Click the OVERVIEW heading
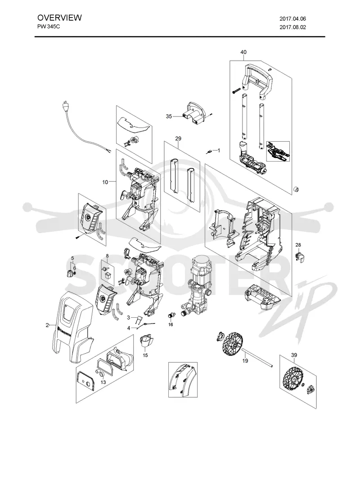coord(59,18)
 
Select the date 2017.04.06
coord(293,19)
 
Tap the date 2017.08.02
coord(293,27)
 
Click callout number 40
coord(243,52)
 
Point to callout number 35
coord(169,117)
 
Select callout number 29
coord(178,139)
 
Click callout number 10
coord(105,182)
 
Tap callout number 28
coord(298,245)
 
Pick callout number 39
coord(294,355)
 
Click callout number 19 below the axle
coord(245,361)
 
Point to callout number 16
coord(171,324)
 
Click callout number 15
coord(145,355)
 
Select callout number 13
coord(103,382)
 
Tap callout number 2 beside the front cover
coord(47,325)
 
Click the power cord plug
coord(66,106)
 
